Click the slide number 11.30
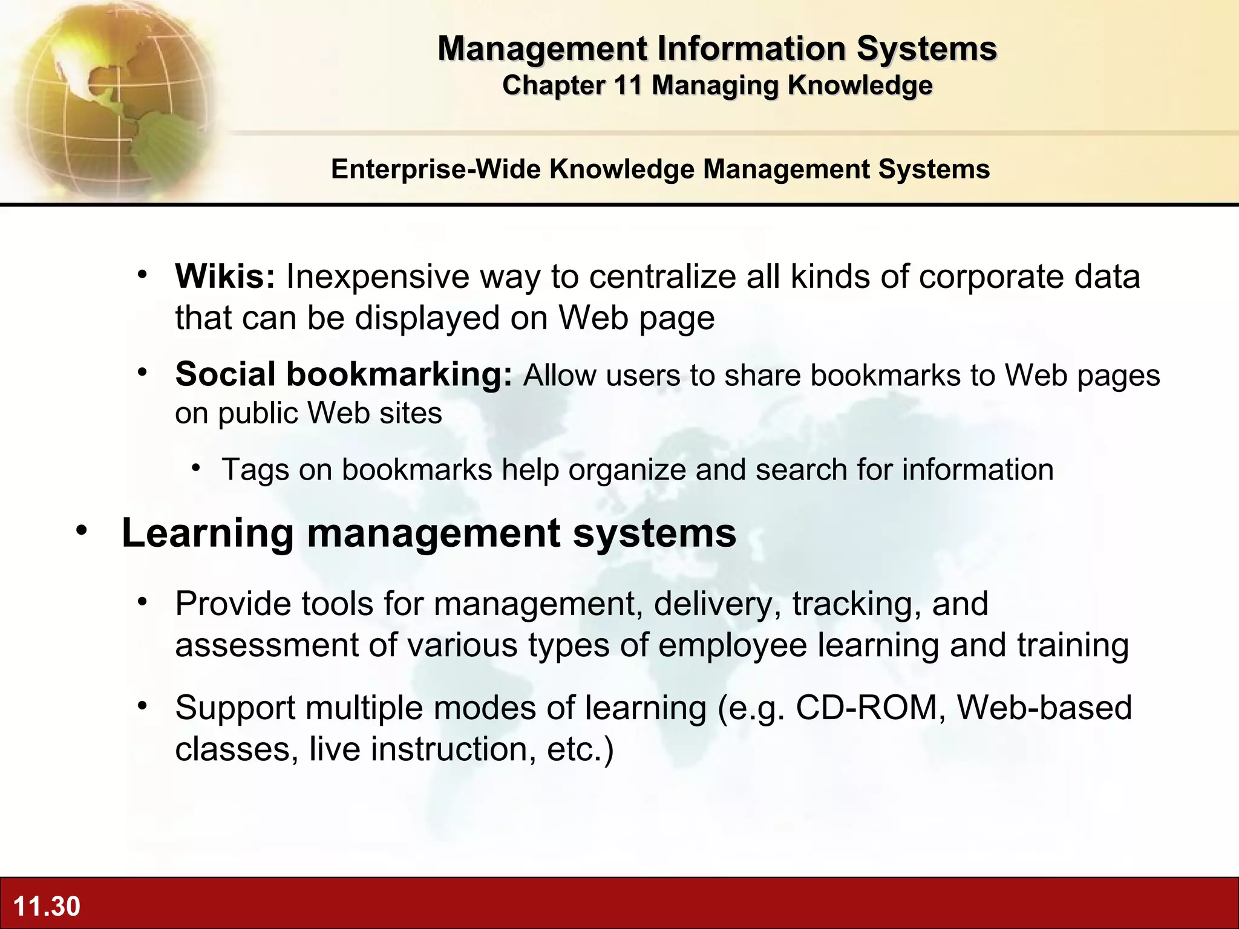click(47, 906)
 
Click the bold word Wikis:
click(225, 276)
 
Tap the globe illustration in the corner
click(109, 97)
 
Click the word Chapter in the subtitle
click(553, 85)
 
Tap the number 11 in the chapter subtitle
click(627, 85)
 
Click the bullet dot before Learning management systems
click(82, 531)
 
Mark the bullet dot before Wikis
click(142, 275)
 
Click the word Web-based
click(1044, 708)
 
